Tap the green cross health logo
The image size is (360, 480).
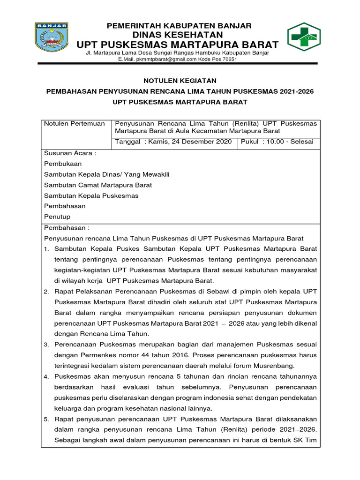tap(304, 36)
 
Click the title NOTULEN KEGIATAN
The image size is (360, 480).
tap(180, 81)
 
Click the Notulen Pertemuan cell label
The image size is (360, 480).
tap(75, 123)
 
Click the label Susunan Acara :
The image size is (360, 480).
tap(70, 153)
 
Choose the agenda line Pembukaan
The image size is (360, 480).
tap(63, 164)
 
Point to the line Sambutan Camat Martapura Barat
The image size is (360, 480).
tap(98, 185)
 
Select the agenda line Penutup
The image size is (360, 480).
tap(57, 217)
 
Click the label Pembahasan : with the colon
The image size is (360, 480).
tap(67, 227)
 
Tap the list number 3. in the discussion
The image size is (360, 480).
tap(47, 345)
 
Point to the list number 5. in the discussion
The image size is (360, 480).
tap(47, 419)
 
